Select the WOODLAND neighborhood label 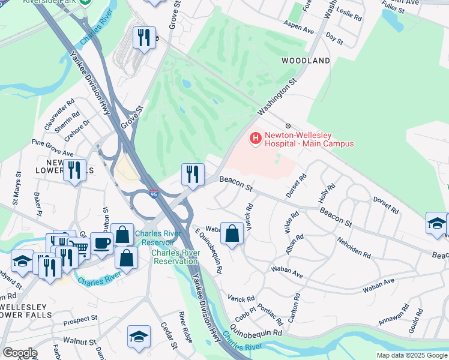pyautogui.click(x=306, y=61)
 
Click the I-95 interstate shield pyautogui.click(x=153, y=194)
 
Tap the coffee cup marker pyautogui.click(x=101, y=243)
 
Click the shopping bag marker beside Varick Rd pyautogui.click(x=232, y=233)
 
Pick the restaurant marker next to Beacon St pyautogui.click(x=193, y=174)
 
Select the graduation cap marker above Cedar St pyautogui.click(x=139, y=337)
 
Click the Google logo pyautogui.click(x=19, y=353)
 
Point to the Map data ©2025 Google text pyautogui.click(x=411, y=355)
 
